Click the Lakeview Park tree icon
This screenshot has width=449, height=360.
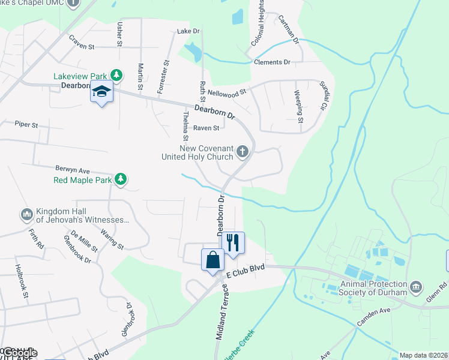116,76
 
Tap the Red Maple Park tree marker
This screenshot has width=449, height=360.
121,179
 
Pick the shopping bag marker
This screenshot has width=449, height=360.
212,260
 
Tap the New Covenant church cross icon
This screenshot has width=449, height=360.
243,151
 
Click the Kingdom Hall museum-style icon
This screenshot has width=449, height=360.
26,214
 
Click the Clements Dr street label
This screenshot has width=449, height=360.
272,62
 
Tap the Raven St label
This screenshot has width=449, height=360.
206,128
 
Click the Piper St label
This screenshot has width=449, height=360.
26,125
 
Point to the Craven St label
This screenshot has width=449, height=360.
82,46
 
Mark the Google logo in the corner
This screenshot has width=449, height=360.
19,353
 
